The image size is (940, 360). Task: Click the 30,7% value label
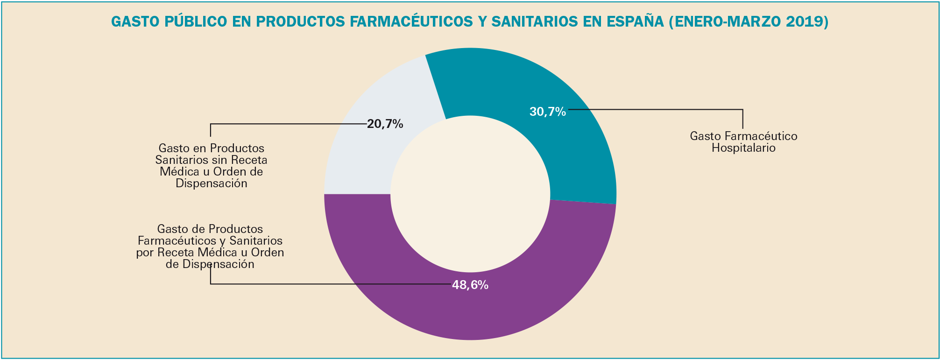point(547,112)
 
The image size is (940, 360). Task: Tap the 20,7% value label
point(385,124)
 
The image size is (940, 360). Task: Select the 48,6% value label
point(470,285)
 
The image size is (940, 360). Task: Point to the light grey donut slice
point(369,159)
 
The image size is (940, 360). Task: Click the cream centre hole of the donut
point(470,194)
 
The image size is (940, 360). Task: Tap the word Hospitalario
point(743,148)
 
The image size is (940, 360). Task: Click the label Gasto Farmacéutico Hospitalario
point(743,142)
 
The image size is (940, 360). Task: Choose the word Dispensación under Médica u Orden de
point(211,184)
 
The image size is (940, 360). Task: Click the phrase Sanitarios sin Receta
point(211,160)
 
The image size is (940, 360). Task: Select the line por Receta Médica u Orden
point(210,253)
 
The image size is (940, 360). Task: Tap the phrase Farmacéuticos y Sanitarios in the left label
point(210,241)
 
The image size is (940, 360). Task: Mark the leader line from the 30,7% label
point(654,110)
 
